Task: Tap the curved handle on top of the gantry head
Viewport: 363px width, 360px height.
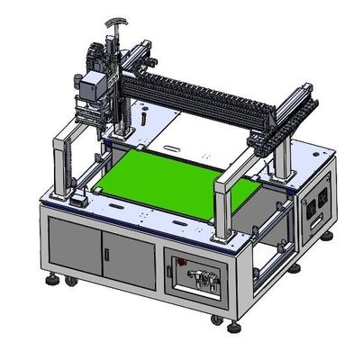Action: point(113,21)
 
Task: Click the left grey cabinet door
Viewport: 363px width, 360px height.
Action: point(74,247)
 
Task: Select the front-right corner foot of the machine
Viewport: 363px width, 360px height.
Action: point(216,319)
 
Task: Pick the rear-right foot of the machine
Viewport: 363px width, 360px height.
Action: point(328,236)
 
